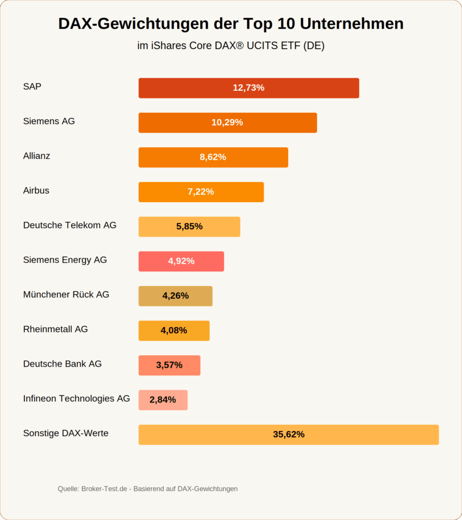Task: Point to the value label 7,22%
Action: [x=201, y=192]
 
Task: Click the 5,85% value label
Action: [x=189, y=226]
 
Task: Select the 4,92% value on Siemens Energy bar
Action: [x=181, y=261]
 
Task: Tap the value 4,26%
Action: [x=176, y=296]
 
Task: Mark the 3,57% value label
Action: [x=169, y=365]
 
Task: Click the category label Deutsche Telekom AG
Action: [x=70, y=225]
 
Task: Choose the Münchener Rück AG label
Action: [x=66, y=294]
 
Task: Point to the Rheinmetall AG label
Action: [x=55, y=329]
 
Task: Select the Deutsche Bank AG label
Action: [x=62, y=364]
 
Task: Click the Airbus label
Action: [x=36, y=190]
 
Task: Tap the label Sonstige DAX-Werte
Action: [x=65, y=433]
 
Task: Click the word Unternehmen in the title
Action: [x=351, y=24]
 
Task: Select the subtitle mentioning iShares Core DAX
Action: [x=230, y=46]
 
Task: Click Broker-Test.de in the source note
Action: [x=105, y=489]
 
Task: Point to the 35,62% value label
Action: [x=289, y=435]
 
